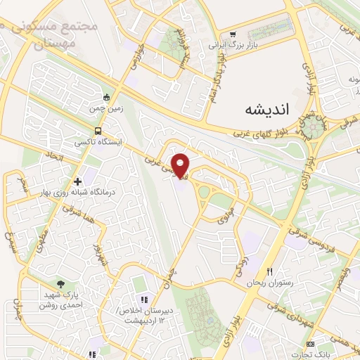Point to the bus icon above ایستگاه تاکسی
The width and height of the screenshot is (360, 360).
pyautogui.click(x=98, y=131)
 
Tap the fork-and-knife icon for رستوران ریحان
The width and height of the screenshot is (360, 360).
pyautogui.click(x=267, y=271)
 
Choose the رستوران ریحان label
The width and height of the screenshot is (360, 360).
pyautogui.click(x=263, y=283)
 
